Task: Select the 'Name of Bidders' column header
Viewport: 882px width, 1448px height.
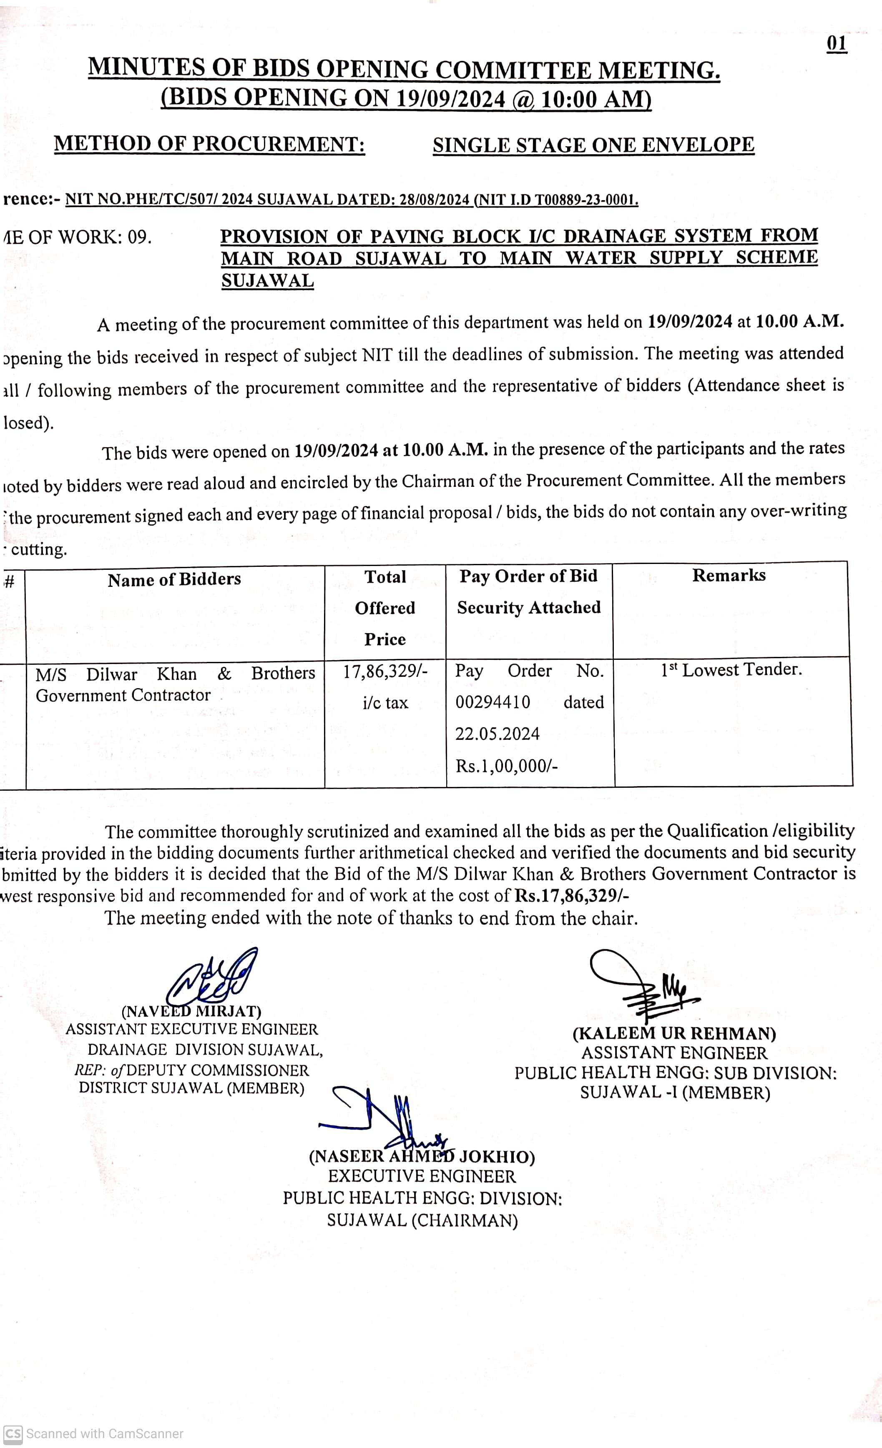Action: [x=174, y=579]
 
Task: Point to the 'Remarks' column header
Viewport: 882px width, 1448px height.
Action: [x=729, y=575]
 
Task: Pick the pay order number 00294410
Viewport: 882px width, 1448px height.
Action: [x=493, y=702]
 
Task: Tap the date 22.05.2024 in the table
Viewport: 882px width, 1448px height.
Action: [x=497, y=734]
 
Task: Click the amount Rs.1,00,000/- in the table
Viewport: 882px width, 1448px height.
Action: [x=506, y=766]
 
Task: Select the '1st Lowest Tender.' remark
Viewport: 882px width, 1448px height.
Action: [x=731, y=669]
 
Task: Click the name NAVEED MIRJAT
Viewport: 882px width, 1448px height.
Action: [x=191, y=1011]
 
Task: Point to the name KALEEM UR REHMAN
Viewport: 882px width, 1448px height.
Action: [x=674, y=1033]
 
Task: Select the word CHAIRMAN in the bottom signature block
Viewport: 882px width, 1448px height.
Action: [x=465, y=1220]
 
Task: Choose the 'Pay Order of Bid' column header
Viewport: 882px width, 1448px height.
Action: [x=528, y=576]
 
